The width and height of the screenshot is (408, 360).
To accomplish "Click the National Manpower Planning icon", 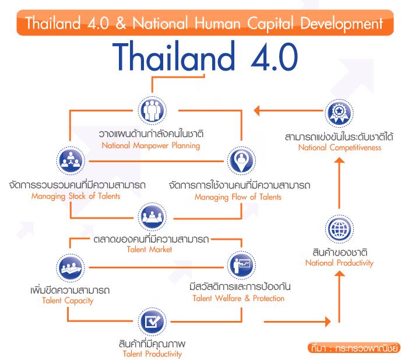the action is pos(152,110).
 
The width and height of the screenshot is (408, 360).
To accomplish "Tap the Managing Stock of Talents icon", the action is pos(71,160).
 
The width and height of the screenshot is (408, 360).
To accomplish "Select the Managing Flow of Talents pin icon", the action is pos(241,160).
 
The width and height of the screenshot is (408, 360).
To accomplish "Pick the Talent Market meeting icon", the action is pos(152,216).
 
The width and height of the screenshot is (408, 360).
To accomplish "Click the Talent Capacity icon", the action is pos(71,268).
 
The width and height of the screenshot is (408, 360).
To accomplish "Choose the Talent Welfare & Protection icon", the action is pos(241,265).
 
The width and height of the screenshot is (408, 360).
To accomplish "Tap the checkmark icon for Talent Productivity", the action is pos(152,321).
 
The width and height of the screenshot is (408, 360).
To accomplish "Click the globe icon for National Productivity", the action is pos(339,229).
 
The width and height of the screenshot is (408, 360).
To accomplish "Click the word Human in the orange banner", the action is pos(217,23).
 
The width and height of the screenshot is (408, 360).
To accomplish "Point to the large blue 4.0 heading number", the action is pos(275,57).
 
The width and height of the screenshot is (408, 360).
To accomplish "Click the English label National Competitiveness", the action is pos(340,148).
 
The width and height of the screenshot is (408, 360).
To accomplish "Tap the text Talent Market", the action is pos(149,250).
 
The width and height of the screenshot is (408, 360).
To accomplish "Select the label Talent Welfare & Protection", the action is pos(238,298).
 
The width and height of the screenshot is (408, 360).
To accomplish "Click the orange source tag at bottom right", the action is pos(354,348).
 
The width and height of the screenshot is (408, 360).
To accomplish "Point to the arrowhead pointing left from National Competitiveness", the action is pos(256,110).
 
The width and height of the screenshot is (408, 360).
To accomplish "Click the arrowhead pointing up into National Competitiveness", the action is pos(339,160).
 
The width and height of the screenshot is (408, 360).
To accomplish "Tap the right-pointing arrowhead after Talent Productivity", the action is pos(328,321).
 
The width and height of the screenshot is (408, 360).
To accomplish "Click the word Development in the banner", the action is pos(342,24).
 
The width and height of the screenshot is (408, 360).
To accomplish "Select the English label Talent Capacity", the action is pos(68,301).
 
